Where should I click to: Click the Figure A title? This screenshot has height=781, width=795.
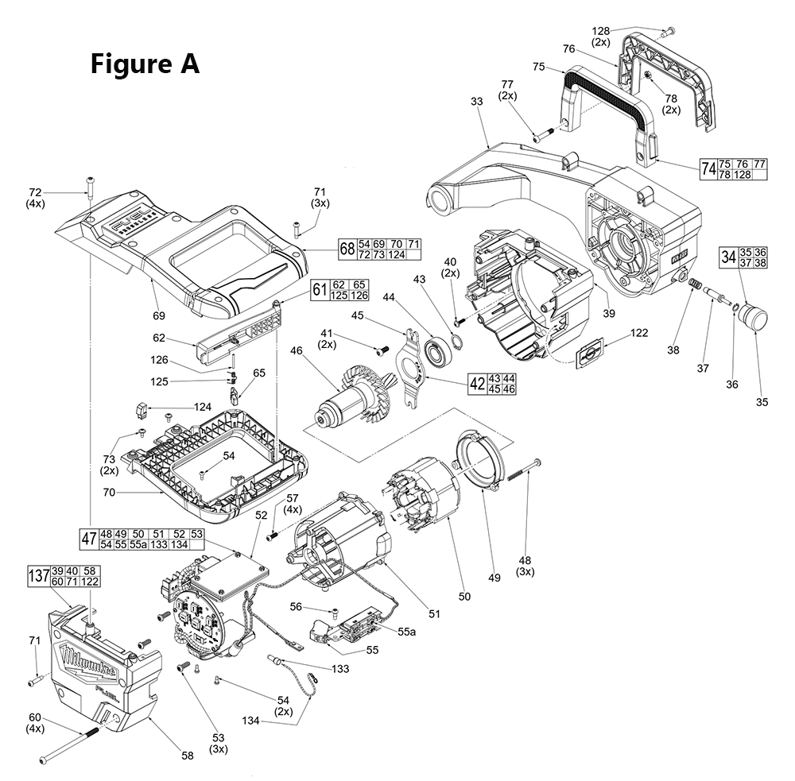144,64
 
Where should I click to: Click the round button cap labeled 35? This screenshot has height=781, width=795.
753,319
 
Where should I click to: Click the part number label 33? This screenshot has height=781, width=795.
476,102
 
